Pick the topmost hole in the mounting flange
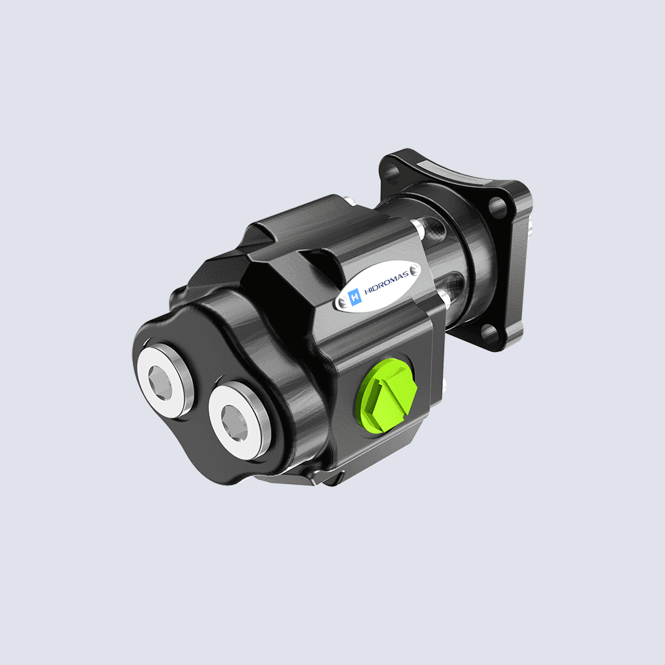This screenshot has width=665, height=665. click(393, 175)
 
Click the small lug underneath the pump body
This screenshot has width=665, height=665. click(332, 477)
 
